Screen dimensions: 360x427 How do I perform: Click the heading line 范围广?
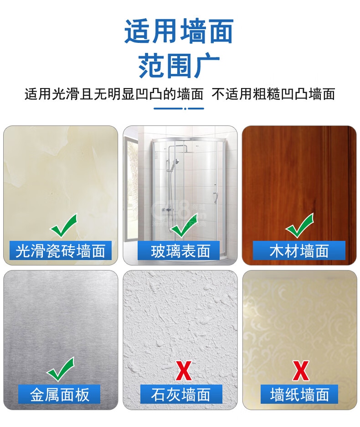[179, 65]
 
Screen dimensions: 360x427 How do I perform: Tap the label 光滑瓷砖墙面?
[61, 251]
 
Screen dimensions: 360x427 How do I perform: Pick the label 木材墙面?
[299, 251]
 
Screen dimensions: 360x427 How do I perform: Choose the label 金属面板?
[60, 395]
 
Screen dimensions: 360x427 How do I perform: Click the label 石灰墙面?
[180, 395]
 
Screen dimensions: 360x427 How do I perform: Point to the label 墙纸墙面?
[299, 395]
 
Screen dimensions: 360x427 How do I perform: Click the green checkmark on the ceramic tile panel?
[65, 225]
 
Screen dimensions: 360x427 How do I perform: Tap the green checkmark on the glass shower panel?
[184, 225]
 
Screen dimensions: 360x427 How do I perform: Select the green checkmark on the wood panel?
[300, 225]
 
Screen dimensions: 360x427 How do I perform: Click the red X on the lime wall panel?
[184, 370]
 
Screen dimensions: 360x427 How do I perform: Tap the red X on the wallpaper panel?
[301, 370]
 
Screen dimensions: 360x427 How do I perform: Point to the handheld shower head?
[176, 161]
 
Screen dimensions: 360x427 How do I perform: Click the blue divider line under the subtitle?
[179, 109]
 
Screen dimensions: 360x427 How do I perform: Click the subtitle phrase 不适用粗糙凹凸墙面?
[273, 94]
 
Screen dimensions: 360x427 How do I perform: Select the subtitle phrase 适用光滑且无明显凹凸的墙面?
[114, 94]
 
